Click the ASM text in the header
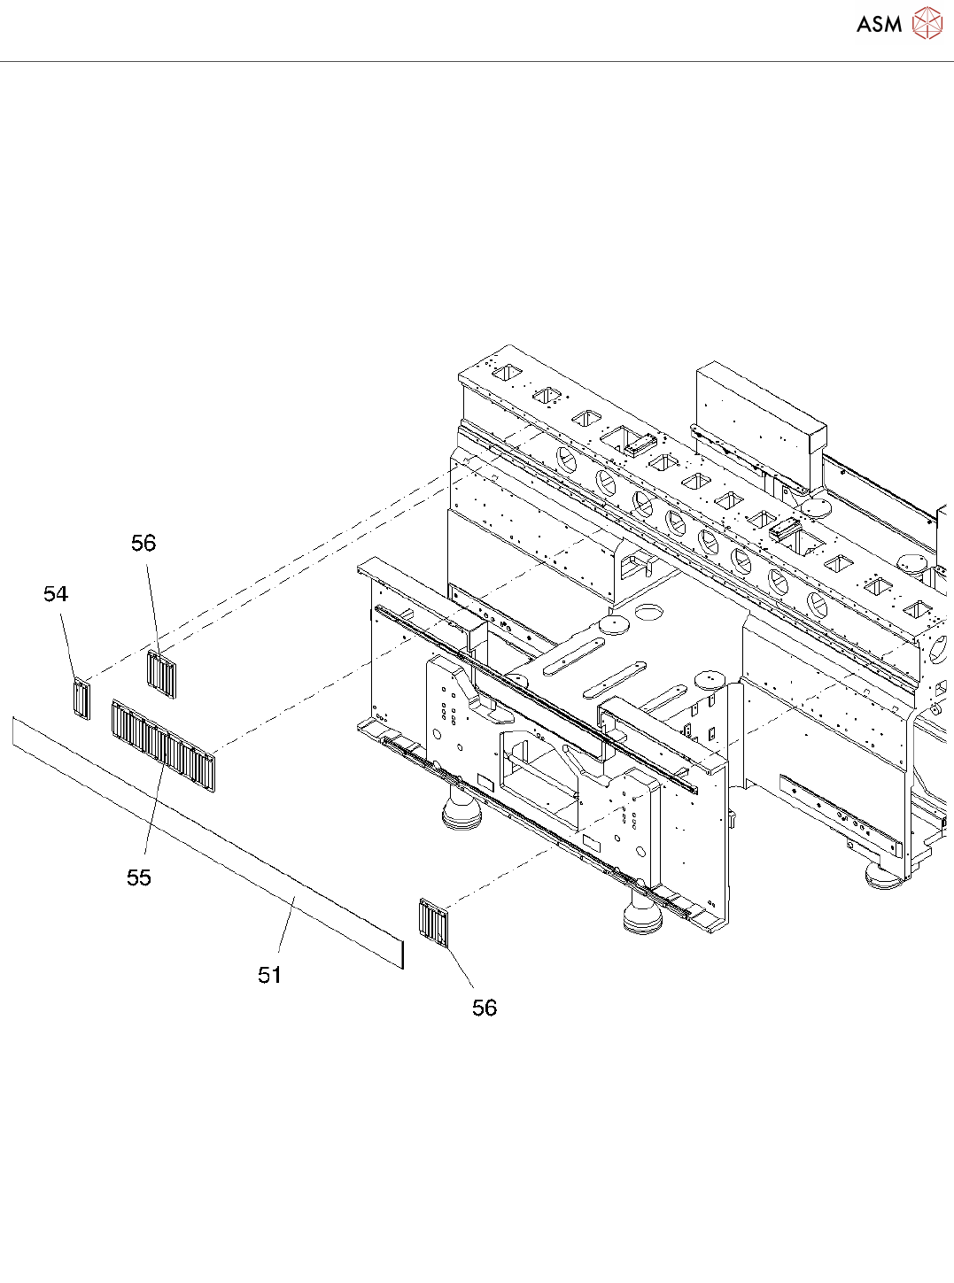(x=879, y=24)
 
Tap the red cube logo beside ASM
(x=927, y=23)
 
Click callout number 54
(x=56, y=594)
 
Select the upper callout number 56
(x=143, y=543)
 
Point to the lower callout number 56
(x=485, y=1008)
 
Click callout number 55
(x=139, y=877)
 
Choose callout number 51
(x=270, y=975)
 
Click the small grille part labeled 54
(x=81, y=699)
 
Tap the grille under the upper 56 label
(x=161, y=674)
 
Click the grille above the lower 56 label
(x=434, y=924)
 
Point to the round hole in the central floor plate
(x=649, y=611)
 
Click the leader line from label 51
(x=285, y=925)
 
